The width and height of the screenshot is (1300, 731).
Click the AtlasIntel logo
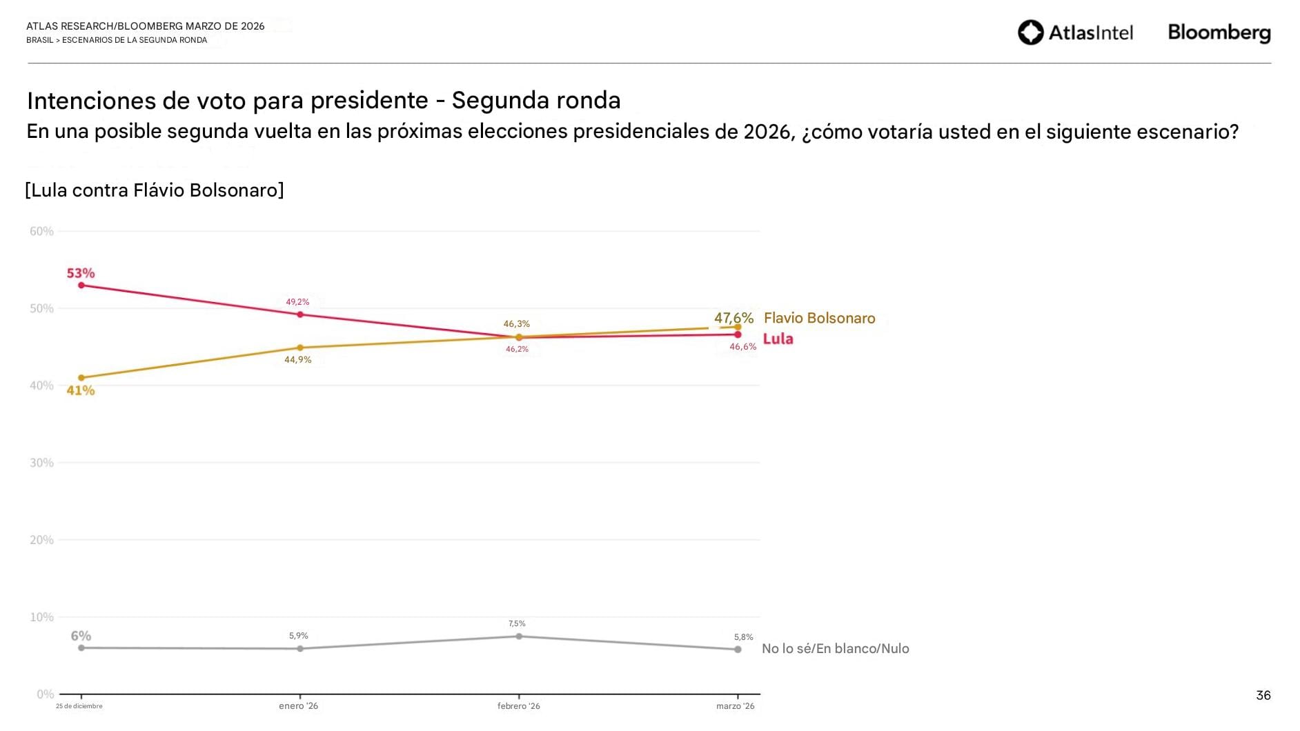(x=1075, y=32)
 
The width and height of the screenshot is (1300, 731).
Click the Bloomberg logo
(x=1219, y=32)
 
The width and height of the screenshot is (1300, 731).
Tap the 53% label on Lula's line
(x=81, y=273)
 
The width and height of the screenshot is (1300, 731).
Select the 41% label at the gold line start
(x=81, y=390)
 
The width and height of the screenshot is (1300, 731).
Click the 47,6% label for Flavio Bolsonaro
(x=733, y=318)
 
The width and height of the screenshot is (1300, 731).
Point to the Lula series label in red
(x=778, y=339)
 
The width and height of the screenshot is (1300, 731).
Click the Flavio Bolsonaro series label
(x=819, y=318)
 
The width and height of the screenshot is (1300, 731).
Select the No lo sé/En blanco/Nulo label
(x=835, y=648)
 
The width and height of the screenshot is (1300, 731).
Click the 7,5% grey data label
(x=517, y=623)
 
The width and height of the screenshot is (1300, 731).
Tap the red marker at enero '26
(x=300, y=314)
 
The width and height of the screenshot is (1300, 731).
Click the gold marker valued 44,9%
(x=300, y=348)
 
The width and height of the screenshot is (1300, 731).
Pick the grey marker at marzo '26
(x=738, y=649)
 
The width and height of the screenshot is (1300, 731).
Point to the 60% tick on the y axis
(x=41, y=231)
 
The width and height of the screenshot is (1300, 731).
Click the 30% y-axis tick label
(x=41, y=463)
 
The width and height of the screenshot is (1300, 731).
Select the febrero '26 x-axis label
(x=518, y=706)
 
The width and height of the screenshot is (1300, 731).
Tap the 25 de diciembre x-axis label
(x=79, y=706)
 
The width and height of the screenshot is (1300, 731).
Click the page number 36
(x=1263, y=695)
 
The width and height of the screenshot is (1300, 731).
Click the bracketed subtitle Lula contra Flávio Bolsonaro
(x=155, y=190)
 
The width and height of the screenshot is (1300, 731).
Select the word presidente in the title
(x=369, y=101)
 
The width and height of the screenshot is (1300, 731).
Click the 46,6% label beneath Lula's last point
(x=742, y=347)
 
